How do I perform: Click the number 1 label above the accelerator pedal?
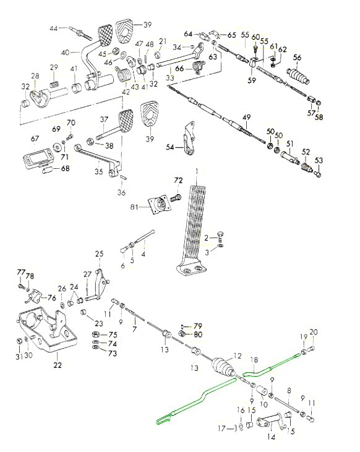tap(196, 171)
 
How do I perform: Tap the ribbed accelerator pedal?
tap(196, 223)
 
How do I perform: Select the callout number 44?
tap(53, 28)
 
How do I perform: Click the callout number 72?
tap(178, 180)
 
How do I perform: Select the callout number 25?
tap(98, 254)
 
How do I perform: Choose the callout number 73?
tap(112, 353)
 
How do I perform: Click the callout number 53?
tap(319, 160)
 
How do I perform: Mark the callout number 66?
tap(179, 69)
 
